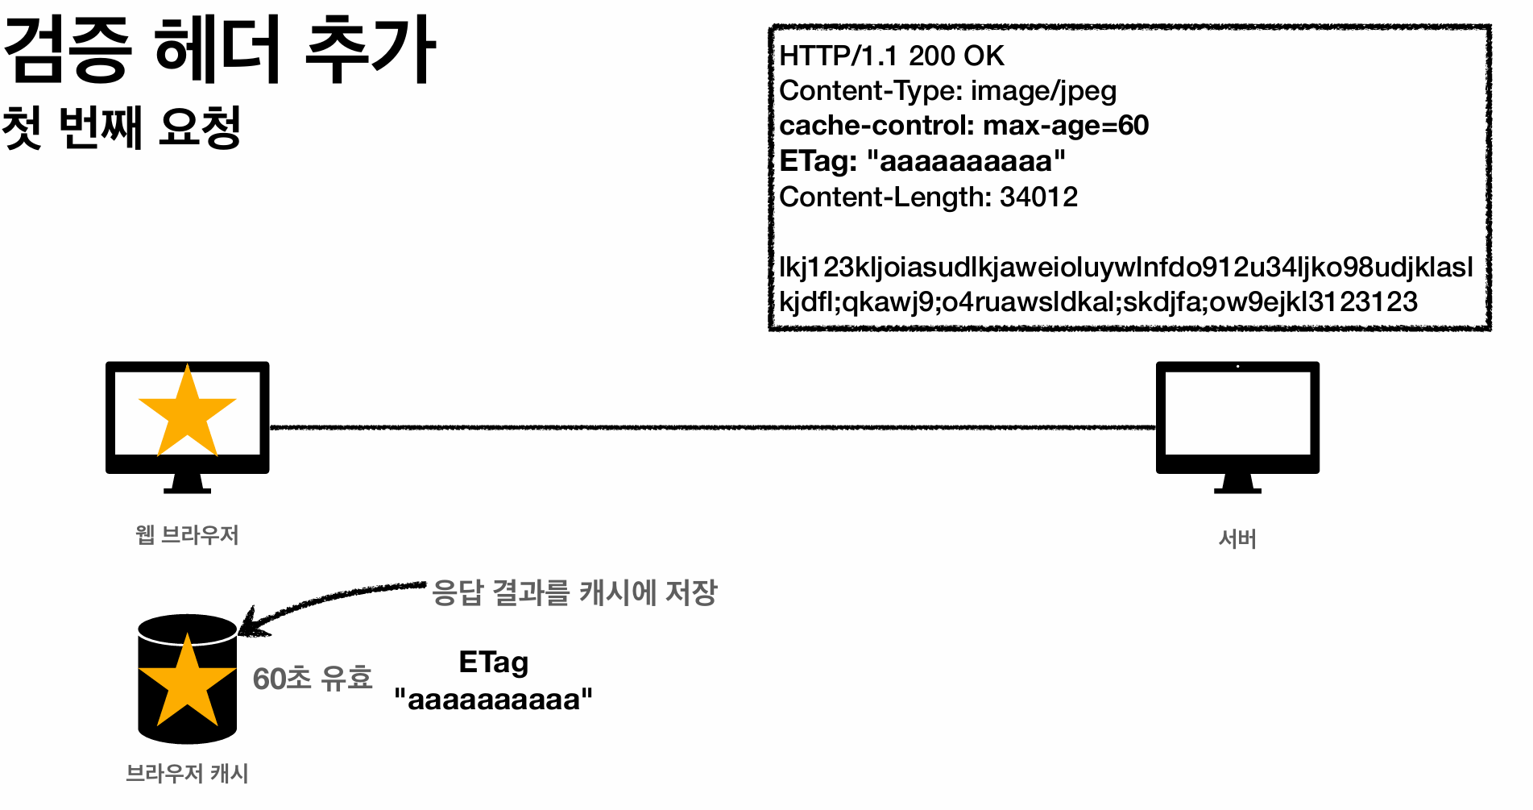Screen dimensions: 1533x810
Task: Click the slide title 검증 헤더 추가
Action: (219, 50)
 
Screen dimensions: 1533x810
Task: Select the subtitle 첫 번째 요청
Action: (122, 127)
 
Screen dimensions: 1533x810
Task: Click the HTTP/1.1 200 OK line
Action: (892, 56)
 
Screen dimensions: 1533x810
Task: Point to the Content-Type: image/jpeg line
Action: (947, 91)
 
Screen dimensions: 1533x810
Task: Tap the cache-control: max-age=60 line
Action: (963, 126)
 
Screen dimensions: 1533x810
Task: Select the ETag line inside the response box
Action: (922, 161)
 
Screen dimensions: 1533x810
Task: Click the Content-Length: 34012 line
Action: (928, 197)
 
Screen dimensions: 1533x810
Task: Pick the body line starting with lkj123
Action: (1125, 267)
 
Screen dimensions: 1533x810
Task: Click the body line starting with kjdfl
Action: (1098, 301)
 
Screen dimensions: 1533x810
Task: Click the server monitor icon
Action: (1237, 423)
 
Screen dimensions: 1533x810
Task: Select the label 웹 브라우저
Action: (187, 535)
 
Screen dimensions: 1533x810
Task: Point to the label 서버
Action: (1237, 539)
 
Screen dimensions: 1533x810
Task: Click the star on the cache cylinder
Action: (187, 682)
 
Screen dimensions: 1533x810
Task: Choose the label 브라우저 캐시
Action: (187, 774)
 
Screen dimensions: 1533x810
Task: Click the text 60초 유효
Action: (313, 679)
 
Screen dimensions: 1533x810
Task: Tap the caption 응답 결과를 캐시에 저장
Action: (574, 592)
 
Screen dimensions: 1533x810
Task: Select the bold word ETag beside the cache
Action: (493, 663)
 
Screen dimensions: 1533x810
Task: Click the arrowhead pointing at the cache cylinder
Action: (251, 624)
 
